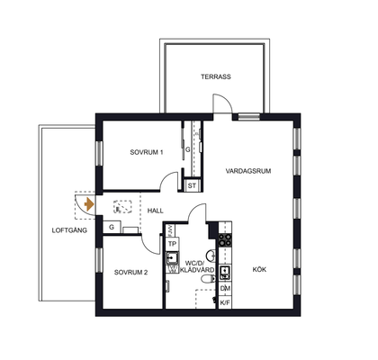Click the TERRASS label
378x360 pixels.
click(216, 76)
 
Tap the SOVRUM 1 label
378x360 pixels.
click(147, 152)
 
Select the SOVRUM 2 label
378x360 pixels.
click(130, 273)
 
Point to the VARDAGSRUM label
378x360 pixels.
click(248, 171)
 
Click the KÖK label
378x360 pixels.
click(259, 269)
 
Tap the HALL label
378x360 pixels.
click(155, 211)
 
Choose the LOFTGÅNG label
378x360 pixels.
click(69, 230)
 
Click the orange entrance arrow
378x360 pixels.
click(89, 204)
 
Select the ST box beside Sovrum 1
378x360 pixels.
click(192, 185)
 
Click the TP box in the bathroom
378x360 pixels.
click(172, 244)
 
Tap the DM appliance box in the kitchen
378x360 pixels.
click(225, 288)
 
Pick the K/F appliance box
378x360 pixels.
click(225, 302)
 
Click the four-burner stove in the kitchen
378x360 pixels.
click(225, 239)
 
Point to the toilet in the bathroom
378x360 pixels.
click(209, 279)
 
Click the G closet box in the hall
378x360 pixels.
click(112, 227)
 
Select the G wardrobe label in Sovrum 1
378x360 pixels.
click(187, 149)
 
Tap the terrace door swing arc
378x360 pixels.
click(227, 99)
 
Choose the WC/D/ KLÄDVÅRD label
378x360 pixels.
click(197, 266)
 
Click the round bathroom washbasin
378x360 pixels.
click(211, 256)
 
